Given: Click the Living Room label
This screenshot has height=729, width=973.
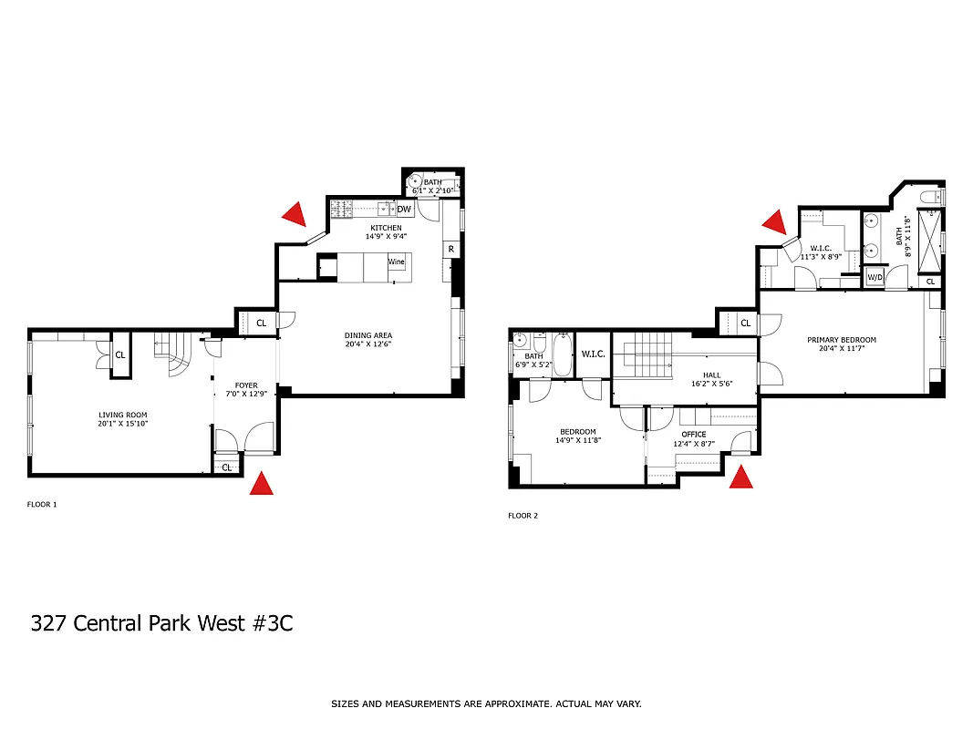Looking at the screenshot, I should pyautogui.click(x=118, y=416).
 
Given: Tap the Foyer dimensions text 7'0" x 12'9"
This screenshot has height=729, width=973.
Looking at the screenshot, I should pyautogui.click(x=246, y=395).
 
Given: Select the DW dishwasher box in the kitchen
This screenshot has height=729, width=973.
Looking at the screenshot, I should pyautogui.click(x=404, y=210).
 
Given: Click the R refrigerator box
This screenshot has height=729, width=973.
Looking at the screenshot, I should pyautogui.click(x=450, y=249).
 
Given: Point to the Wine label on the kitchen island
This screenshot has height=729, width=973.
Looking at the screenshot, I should pyautogui.click(x=397, y=262).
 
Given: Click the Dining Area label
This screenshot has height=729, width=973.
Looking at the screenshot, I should pyautogui.click(x=368, y=334).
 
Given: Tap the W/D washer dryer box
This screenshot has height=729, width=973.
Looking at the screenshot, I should pyautogui.click(x=875, y=277).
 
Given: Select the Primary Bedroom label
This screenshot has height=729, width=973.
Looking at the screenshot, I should pyautogui.click(x=841, y=340).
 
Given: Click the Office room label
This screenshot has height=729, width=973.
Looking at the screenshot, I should pyautogui.click(x=694, y=435).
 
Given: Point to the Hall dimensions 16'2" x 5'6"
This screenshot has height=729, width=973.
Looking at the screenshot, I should pyautogui.click(x=711, y=384).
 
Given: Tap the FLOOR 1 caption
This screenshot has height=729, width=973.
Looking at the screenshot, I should pyautogui.click(x=42, y=504).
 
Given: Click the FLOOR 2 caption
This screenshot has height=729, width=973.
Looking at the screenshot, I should pyautogui.click(x=523, y=516).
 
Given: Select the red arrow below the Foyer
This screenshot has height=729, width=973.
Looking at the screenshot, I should pyautogui.click(x=263, y=484).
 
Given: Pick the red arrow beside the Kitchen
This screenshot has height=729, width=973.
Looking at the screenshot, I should pyautogui.click(x=294, y=214).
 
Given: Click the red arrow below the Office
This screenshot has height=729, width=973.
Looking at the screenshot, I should pyautogui.click(x=741, y=477).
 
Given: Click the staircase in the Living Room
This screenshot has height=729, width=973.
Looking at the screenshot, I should pyautogui.click(x=173, y=354).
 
